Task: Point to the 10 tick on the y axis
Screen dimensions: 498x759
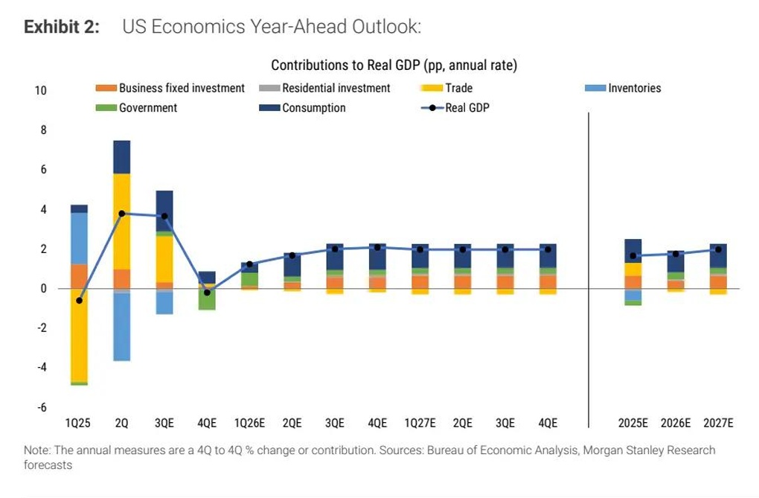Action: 40,90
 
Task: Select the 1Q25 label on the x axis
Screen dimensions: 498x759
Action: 78,423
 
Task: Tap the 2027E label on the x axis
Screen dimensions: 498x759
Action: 718,423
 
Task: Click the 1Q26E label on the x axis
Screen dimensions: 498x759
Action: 249,423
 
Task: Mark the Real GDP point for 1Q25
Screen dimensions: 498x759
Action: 79,300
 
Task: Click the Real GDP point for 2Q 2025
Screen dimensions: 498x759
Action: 121,214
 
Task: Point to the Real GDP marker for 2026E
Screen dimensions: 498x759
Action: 676,254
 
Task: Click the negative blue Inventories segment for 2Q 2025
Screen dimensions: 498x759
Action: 121,328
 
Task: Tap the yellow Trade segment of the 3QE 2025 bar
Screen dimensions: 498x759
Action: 164,259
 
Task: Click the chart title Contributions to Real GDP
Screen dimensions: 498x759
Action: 394,66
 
